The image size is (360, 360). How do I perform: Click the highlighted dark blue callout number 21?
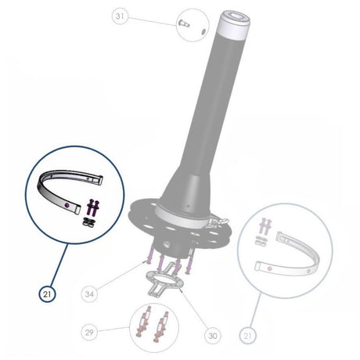coord(47,294)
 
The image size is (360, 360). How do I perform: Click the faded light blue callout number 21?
coord(247,335)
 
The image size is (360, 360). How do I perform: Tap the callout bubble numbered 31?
coord(120,16)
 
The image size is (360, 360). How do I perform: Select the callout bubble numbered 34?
coord(89,294)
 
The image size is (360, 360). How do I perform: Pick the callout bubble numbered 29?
coord(89,333)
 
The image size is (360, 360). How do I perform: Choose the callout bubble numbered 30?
coord(213,335)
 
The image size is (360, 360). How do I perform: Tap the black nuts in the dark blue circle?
coord(89,222)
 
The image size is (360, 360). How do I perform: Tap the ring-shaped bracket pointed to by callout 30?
coord(165,282)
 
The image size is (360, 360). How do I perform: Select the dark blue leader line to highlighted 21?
coord(59,265)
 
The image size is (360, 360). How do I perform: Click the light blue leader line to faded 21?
coord(255,311)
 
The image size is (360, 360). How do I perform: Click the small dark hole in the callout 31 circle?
coord(203,31)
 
